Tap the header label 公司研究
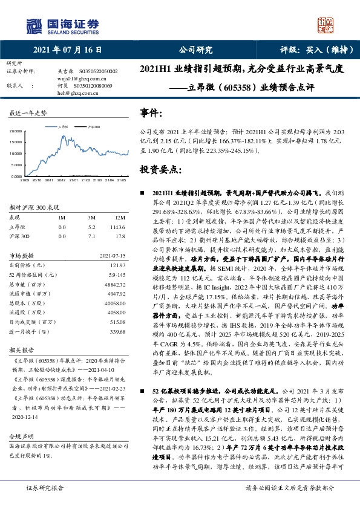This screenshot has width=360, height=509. tap(195, 50)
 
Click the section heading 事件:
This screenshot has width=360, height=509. tap(151, 113)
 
